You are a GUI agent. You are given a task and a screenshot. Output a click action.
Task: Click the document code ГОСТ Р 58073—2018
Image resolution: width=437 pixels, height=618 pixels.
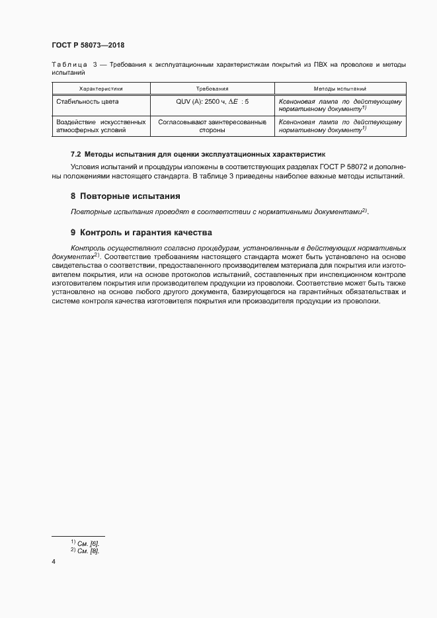click(88, 46)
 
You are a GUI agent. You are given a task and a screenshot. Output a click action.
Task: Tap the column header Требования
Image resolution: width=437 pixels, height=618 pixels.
click(212, 88)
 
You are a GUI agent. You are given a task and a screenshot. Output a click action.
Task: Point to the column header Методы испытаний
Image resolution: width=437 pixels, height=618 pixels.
click(340, 88)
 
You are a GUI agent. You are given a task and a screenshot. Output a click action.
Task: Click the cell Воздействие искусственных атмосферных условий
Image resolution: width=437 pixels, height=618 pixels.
click(100, 126)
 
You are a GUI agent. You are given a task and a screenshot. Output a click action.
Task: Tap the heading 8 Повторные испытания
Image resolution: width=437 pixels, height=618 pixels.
click(125, 196)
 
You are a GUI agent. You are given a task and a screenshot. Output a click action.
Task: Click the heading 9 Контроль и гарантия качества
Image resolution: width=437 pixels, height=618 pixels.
click(140, 233)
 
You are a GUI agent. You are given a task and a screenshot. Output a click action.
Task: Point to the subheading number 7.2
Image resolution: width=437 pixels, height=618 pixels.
click(75, 153)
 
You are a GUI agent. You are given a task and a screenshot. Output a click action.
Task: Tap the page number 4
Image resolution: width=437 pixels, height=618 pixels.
click(54, 562)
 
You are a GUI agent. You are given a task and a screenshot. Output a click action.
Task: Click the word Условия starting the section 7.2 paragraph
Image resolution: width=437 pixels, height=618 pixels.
click(85, 166)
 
